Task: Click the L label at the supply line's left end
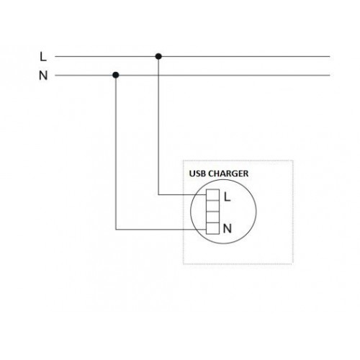[43, 57]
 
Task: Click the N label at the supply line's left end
[43, 76]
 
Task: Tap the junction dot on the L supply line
[158, 56]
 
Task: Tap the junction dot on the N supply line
[116, 75]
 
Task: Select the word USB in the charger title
[197, 174]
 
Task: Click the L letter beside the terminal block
[227, 197]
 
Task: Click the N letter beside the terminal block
[228, 228]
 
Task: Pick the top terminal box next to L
[212, 195]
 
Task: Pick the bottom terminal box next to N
[212, 228]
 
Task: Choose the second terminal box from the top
[212, 206]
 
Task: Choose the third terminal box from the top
[212, 217]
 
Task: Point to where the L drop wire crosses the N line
[158, 75]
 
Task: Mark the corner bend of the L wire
[158, 194]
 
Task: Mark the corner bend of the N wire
[116, 230]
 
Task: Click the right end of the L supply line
[330, 56]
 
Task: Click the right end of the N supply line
[330, 75]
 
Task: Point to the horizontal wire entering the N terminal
[161, 230]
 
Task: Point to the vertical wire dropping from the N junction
[116, 153]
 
